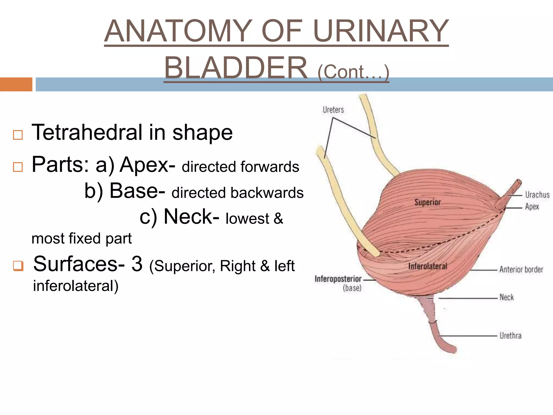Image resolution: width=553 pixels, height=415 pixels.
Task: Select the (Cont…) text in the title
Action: point(353,72)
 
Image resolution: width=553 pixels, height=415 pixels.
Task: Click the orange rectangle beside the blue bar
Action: point(16,84)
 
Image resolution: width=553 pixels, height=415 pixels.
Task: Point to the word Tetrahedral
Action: point(87,132)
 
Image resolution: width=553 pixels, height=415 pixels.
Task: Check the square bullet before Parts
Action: point(18,167)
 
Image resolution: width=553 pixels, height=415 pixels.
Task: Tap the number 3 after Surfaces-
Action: point(137,264)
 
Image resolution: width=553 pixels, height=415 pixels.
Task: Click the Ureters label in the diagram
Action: point(333,110)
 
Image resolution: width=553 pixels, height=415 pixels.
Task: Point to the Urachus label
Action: point(537,195)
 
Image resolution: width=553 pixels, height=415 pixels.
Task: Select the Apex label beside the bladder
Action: point(532,207)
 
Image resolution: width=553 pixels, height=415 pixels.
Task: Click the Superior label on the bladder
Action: point(427,202)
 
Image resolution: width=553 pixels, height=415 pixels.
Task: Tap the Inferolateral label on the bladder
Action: point(427,266)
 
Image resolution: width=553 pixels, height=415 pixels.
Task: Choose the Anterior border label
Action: point(521,269)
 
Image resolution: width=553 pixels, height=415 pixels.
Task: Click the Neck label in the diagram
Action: point(506,297)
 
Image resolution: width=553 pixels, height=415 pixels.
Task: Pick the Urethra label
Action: point(510,336)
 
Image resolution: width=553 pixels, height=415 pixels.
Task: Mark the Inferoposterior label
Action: point(338,279)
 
